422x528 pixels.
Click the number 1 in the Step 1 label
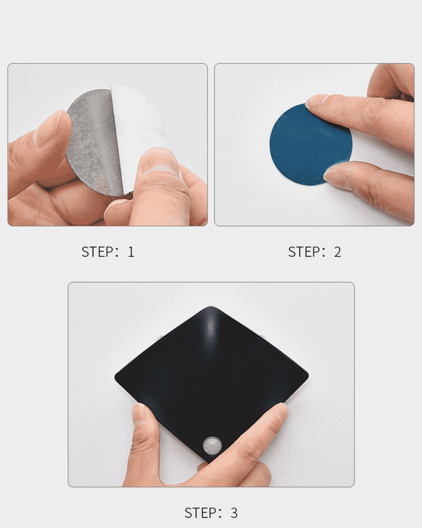point(132,252)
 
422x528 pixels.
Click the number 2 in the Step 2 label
point(337,252)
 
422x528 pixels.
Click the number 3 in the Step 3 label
point(234,513)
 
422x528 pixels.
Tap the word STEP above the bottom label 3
point(200,513)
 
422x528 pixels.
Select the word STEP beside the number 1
point(97,252)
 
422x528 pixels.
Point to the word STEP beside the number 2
point(304,252)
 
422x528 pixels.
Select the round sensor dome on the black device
point(212,445)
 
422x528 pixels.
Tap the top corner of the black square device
point(211,307)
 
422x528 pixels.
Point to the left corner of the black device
point(115,377)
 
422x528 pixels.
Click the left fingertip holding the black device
point(141,415)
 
